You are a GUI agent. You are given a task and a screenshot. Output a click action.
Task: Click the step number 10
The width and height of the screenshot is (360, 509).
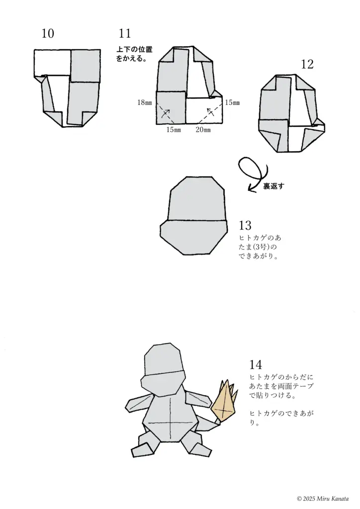point(48,34)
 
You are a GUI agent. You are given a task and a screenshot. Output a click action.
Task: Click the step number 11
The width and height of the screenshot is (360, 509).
point(125,34)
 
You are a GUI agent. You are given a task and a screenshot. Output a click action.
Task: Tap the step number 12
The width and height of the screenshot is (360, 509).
point(307,64)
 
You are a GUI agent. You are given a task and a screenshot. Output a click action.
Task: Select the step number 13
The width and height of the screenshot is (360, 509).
point(245,225)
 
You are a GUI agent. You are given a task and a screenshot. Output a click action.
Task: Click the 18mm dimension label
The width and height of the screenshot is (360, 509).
point(145,103)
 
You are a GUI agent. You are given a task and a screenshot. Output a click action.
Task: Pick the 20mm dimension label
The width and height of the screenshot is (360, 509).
point(203,130)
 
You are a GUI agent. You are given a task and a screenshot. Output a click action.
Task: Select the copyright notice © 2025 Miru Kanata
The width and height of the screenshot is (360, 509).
point(323,498)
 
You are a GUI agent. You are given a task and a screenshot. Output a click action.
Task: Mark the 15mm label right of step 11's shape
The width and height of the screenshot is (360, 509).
point(232,103)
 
